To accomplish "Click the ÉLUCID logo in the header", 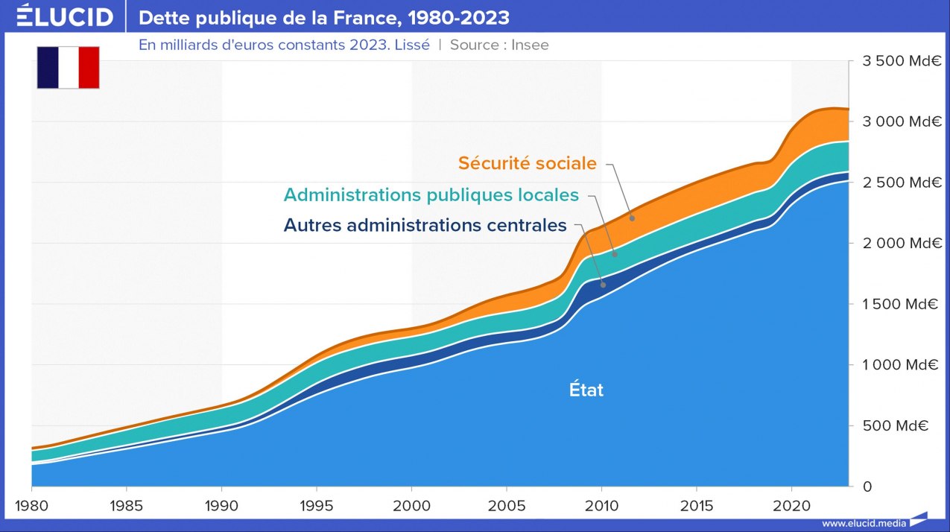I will click(x=65, y=16).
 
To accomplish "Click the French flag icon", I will click(x=68, y=67).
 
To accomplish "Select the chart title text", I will click(x=324, y=17).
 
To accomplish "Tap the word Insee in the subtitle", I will click(x=530, y=45).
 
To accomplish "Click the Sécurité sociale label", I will click(x=527, y=163).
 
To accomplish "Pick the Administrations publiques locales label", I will click(x=431, y=195).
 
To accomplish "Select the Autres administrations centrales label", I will click(x=425, y=225).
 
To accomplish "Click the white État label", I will click(x=586, y=390).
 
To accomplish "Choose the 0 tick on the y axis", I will click(x=867, y=487).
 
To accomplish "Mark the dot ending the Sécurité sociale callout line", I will click(x=632, y=218).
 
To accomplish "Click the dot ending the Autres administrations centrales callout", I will click(x=604, y=285).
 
